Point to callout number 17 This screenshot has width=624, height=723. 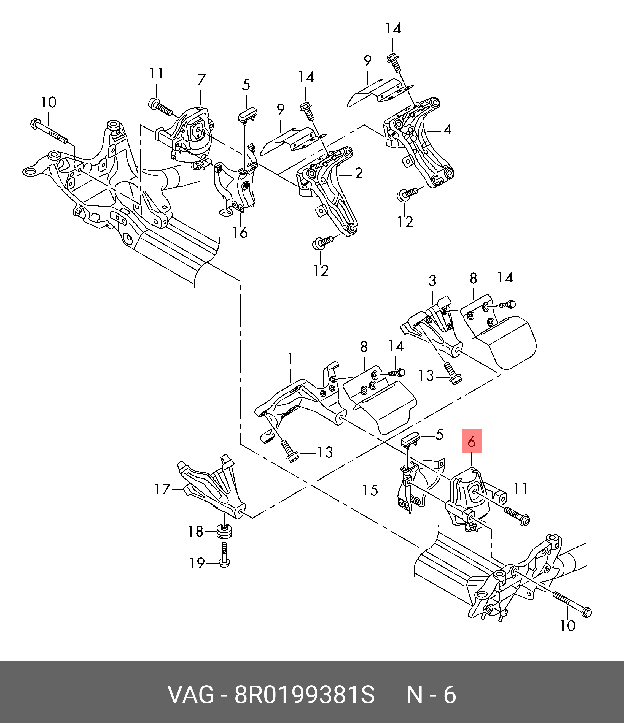(162, 489)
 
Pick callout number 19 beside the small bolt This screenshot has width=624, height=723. (197, 563)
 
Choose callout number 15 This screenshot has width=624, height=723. (370, 491)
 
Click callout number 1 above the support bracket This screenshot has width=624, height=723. (290, 359)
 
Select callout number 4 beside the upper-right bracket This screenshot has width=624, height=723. (447, 129)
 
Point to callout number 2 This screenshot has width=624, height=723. (359, 174)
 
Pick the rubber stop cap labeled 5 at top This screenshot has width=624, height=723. (247, 116)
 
